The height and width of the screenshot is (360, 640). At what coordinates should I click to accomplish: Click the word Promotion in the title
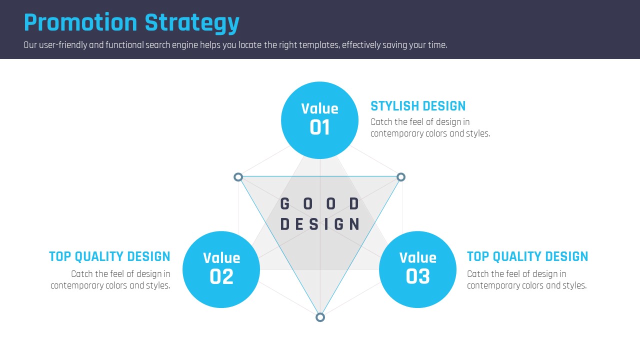[80, 22]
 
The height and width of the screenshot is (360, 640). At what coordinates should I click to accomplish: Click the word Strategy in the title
[192, 23]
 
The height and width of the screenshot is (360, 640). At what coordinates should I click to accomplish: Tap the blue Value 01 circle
[319, 120]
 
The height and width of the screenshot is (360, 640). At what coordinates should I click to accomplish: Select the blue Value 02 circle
[221, 269]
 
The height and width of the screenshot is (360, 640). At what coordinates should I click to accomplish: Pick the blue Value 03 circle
[417, 269]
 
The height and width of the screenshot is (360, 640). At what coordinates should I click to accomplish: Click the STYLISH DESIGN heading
[418, 106]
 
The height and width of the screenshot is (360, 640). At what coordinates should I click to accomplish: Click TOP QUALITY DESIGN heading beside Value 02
[109, 256]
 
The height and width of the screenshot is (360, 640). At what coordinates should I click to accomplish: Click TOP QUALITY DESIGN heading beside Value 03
[527, 256]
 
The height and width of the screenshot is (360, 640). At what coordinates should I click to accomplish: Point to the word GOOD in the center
[319, 203]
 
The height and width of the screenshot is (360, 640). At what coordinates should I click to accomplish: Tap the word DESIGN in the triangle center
[319, 224]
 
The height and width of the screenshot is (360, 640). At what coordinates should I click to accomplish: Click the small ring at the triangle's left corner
[238, 177]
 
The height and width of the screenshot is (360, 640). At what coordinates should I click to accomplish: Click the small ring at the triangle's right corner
[401, 177]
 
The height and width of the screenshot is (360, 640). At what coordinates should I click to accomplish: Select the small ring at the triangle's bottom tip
[320, 317]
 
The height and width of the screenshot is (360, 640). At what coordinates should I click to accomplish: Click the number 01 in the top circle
[319, 127]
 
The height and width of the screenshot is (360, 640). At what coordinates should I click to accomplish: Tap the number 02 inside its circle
[221, 276]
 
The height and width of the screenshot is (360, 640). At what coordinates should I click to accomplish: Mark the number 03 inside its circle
[417, 276]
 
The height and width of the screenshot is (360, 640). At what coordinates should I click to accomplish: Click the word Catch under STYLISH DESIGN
[381, 122]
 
